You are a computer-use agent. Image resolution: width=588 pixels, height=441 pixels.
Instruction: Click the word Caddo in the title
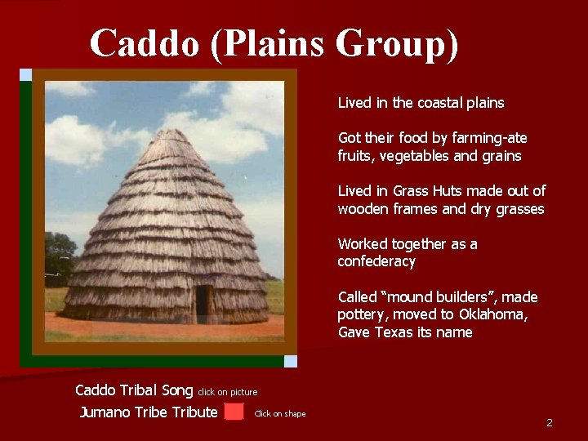[x=145, y=43]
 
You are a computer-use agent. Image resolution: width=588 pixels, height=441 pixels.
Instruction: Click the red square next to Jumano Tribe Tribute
[x=234, y=412]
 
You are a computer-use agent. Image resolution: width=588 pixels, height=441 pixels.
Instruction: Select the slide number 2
[x=550, y=422]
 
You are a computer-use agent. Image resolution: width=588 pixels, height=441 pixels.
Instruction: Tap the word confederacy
[x=376, y=262]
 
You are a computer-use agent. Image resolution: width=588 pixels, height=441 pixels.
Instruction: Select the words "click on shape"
[x=280, y=414]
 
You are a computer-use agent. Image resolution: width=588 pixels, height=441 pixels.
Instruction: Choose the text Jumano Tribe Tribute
[x=149, y=412]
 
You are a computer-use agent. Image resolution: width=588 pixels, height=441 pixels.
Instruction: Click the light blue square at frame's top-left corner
[x=25, y=74]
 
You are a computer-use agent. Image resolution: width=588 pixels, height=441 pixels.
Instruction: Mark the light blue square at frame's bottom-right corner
[x=291, y=361]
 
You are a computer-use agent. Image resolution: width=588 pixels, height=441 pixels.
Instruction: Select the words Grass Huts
[x=421, y=191]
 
